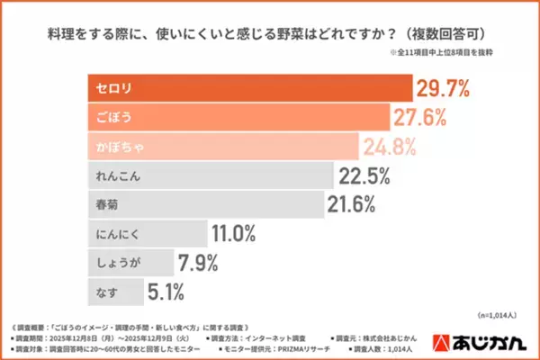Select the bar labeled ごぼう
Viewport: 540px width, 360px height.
[x=238, y=117]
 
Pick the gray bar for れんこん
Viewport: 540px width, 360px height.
[x=211, y=175]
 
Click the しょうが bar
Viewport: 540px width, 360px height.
[x=130, y=262]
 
